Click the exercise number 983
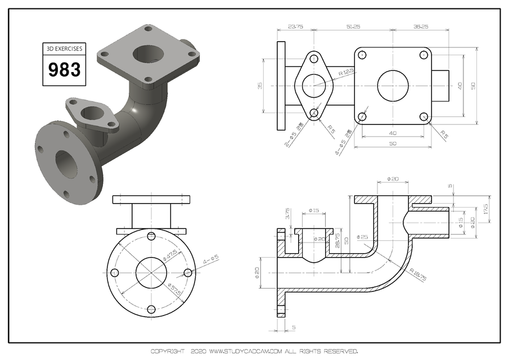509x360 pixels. (x=64, y=70)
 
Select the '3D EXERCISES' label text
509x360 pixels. (x=64, y=49)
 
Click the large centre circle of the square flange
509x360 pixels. (x=393, y=86)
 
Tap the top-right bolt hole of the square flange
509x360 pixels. (x=424, y=55)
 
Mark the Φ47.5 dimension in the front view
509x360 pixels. (x=169, y=254)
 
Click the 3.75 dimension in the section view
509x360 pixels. (x=287, y=214)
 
